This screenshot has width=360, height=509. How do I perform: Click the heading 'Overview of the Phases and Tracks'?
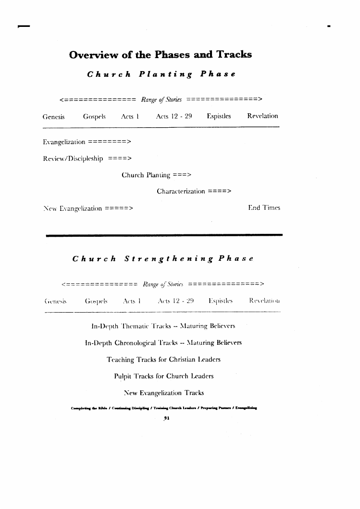(161, 54)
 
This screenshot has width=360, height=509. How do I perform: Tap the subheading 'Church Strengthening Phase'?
(163, 258)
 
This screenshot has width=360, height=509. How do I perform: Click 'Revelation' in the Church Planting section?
(262, 116)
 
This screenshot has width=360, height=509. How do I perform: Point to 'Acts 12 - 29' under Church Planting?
(174, 116)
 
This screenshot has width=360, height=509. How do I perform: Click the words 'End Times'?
(264, 208)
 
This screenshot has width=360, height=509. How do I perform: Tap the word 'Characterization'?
(181, 191)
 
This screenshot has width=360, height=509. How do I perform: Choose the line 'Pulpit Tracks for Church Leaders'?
(164, 376)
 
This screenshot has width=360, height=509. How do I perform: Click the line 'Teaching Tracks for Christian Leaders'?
(163, 359)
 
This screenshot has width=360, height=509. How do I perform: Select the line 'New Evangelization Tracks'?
(164, 393)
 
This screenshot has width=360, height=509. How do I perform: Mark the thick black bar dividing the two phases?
(164, 235)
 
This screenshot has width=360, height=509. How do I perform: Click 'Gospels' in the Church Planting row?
(94, 116)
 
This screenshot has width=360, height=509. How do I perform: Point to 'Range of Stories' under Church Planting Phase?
(161, 100)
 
